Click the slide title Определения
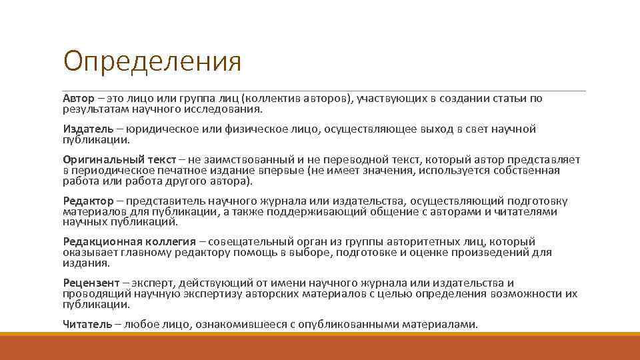152,62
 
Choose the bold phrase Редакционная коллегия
129,242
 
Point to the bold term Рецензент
92,283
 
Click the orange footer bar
320,347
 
